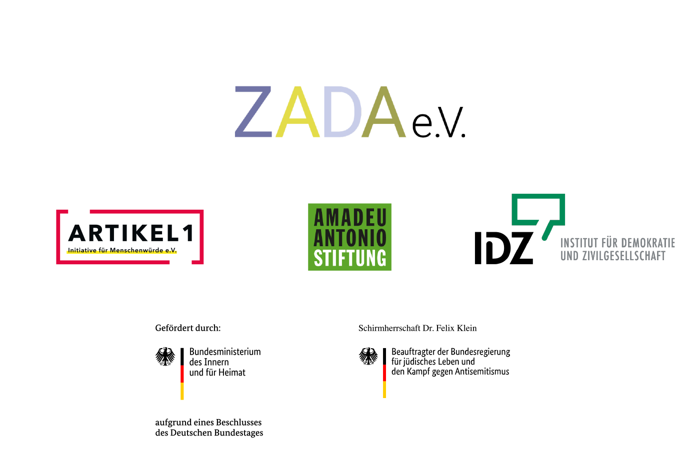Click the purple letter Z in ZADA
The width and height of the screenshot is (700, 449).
253,112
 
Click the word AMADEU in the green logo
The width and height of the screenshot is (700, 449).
350,218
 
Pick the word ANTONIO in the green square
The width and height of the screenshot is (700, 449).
350,238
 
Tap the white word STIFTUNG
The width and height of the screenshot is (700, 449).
350,258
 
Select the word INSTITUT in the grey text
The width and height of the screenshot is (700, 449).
579,243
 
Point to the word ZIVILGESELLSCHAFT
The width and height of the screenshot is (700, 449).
624,256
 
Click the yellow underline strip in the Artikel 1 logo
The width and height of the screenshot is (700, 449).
121,252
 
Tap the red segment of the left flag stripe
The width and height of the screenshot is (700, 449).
182,374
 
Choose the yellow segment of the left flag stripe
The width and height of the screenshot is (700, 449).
182,392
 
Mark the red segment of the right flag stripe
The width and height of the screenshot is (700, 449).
384,373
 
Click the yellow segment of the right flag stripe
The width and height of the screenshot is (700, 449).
384,390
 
